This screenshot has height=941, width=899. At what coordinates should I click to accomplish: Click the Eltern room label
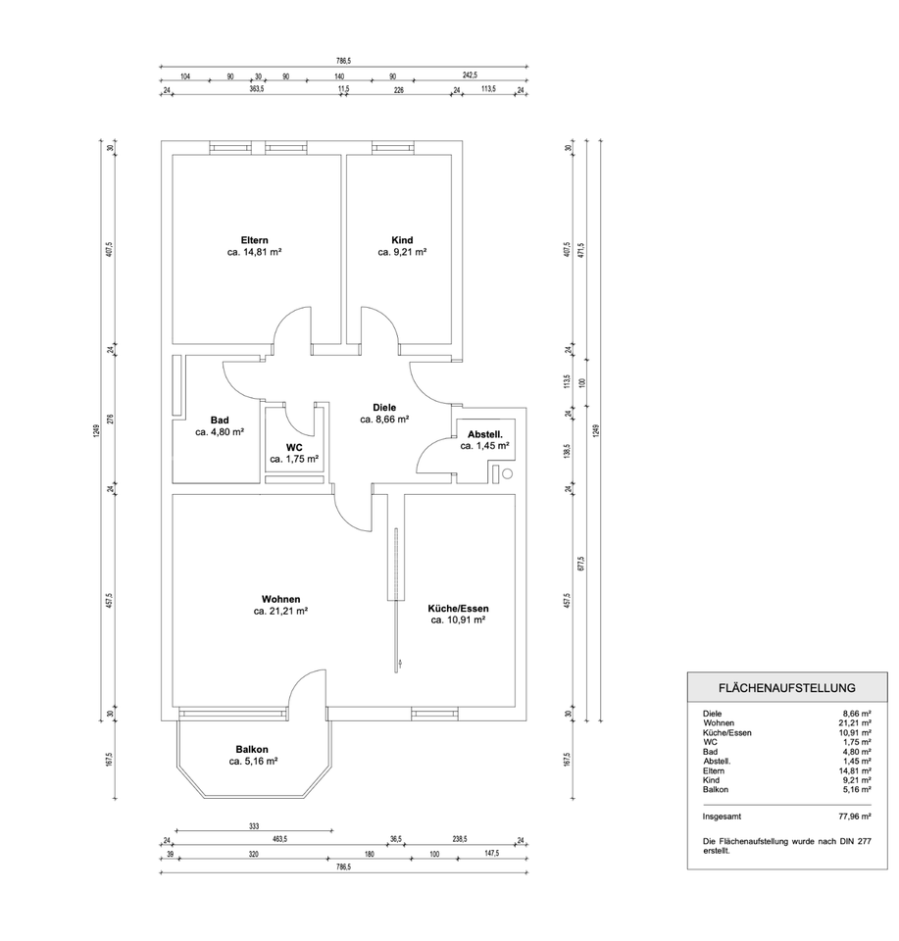coord(255,240)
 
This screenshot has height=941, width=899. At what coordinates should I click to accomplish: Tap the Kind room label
coord(402,240)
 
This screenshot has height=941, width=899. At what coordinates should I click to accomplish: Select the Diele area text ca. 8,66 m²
coord(384,419)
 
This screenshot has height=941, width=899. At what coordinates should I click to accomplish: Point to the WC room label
coord(294,447)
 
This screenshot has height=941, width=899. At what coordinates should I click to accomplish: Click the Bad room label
coord(220,420)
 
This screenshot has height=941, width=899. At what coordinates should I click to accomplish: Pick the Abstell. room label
coord(485,434)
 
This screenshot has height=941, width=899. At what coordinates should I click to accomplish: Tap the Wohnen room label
coord(280,599)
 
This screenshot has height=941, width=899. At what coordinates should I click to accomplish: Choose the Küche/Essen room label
coord(458,609)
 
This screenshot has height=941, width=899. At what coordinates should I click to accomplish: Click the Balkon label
coord(252,749)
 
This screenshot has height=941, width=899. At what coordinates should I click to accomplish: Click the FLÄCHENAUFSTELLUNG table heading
coord(787,688)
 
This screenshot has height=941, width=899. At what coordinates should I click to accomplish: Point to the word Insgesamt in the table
coord(722,816)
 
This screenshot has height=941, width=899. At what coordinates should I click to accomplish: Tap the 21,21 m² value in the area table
coord(852,722)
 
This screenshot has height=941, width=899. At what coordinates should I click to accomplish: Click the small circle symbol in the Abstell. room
coord(507,474)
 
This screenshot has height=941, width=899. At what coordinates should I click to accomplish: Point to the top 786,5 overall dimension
coord(341,61)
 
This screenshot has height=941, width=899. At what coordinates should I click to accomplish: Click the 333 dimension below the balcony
coord(254,826)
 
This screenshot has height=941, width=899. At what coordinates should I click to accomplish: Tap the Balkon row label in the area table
coord(717,789)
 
